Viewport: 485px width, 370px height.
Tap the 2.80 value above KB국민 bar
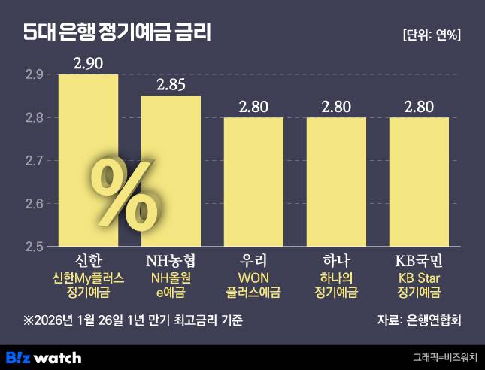click(x=419, y=106)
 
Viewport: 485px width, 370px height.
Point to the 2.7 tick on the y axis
click(x=35, y=161)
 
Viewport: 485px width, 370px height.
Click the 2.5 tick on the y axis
click(x=35, y=247)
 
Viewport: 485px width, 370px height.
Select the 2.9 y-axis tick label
click(x=35, y=74)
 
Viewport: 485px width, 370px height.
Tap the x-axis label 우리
click(x=253, y=261)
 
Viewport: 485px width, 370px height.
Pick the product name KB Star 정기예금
click(x=419, y=285)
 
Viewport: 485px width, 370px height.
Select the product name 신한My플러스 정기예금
click(x=88, y=285)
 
